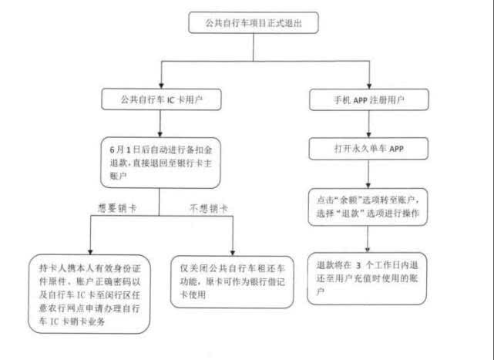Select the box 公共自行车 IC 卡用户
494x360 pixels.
[x=160, y=99]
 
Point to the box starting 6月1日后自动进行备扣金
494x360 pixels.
[x=158, y=160]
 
